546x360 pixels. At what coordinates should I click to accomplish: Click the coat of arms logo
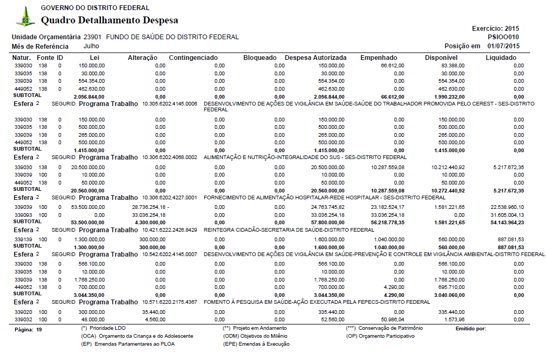(25, 16)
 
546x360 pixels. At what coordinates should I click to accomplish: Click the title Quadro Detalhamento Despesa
(109, 21)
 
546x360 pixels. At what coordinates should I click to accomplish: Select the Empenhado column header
(378, 57)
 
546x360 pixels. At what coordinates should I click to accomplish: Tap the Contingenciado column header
(193, 57)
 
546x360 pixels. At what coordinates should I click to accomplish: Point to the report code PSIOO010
(504, 37)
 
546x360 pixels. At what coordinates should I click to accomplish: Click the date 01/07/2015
(503, 46)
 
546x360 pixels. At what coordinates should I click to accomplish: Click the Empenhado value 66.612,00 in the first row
(392, 65)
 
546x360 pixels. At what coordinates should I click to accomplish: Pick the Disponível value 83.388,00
(453, 65)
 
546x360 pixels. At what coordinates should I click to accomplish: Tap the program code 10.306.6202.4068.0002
(169, 157)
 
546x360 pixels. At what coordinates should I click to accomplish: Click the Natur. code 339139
(23, 240)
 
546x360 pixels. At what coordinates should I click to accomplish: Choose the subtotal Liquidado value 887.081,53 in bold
(509, 247)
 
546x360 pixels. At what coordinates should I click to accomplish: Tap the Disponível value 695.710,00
(453, 287)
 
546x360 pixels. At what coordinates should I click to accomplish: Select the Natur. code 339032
(23, 320)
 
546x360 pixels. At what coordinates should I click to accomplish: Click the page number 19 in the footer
(39, 330)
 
